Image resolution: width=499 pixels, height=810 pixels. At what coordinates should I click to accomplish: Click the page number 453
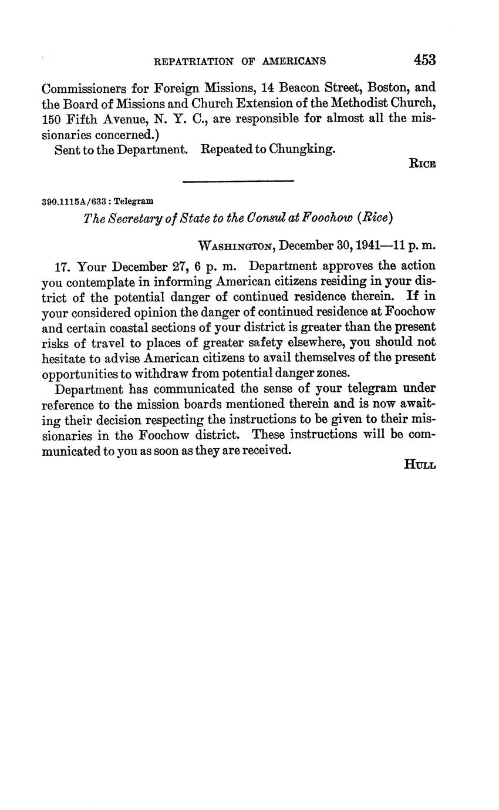[x=424, y=60]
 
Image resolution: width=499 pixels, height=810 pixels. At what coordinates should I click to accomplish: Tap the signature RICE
[x=422, y=164]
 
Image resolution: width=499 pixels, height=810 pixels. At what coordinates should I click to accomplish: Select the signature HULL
[x=420, y=465]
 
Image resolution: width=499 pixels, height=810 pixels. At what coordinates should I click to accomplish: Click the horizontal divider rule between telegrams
[x=238, y=181]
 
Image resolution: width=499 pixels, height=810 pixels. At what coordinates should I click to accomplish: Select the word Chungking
[x=302, y=149]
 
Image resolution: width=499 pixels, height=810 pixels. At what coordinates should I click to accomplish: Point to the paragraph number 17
[x=62, y=266]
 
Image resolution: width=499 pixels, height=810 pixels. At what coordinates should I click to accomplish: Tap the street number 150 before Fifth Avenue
[x=52, y=119]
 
